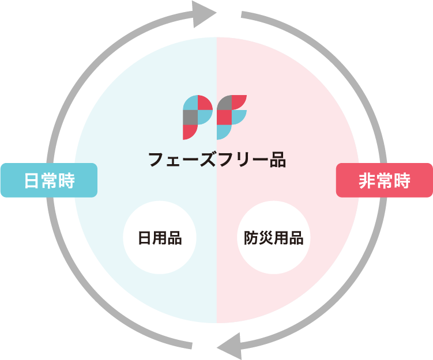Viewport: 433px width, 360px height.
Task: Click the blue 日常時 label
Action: [49, 180]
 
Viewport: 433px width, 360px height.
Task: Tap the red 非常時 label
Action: [384, 180]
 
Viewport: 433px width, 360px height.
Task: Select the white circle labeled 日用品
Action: [160, 237]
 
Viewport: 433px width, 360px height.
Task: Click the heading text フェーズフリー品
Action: [216, 160]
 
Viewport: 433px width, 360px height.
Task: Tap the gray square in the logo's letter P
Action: [190, 117]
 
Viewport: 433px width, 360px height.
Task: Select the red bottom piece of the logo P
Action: [189, 131]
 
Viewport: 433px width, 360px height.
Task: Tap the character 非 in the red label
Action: [367, 180]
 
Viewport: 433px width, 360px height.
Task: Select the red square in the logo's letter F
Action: [224, 117]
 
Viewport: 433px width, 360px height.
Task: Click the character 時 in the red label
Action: [401, 180]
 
